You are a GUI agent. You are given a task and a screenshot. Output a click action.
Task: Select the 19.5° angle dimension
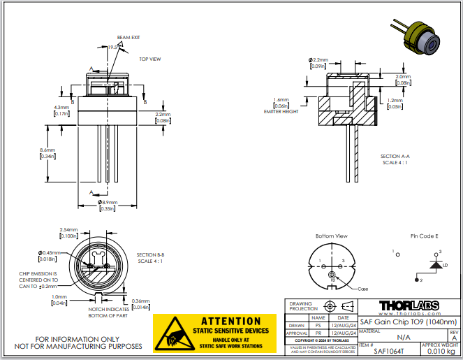[114, 47]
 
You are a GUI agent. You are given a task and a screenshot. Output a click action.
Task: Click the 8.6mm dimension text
[47, 150]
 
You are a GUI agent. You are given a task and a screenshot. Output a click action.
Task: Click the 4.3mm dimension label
[61, 108]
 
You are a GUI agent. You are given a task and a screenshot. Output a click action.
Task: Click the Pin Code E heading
[424, 236]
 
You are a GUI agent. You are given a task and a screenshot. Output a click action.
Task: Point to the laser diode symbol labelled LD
[437, 265]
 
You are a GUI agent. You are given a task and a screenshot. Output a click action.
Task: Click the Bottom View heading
[330, 236]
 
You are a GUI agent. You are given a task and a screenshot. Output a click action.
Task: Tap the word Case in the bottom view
[362, 289]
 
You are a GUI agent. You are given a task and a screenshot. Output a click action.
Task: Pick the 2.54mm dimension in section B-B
[68, 229]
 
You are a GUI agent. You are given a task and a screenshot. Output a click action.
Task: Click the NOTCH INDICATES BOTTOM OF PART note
[109, 311]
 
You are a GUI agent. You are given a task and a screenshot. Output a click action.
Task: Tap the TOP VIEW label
[149, 59]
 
